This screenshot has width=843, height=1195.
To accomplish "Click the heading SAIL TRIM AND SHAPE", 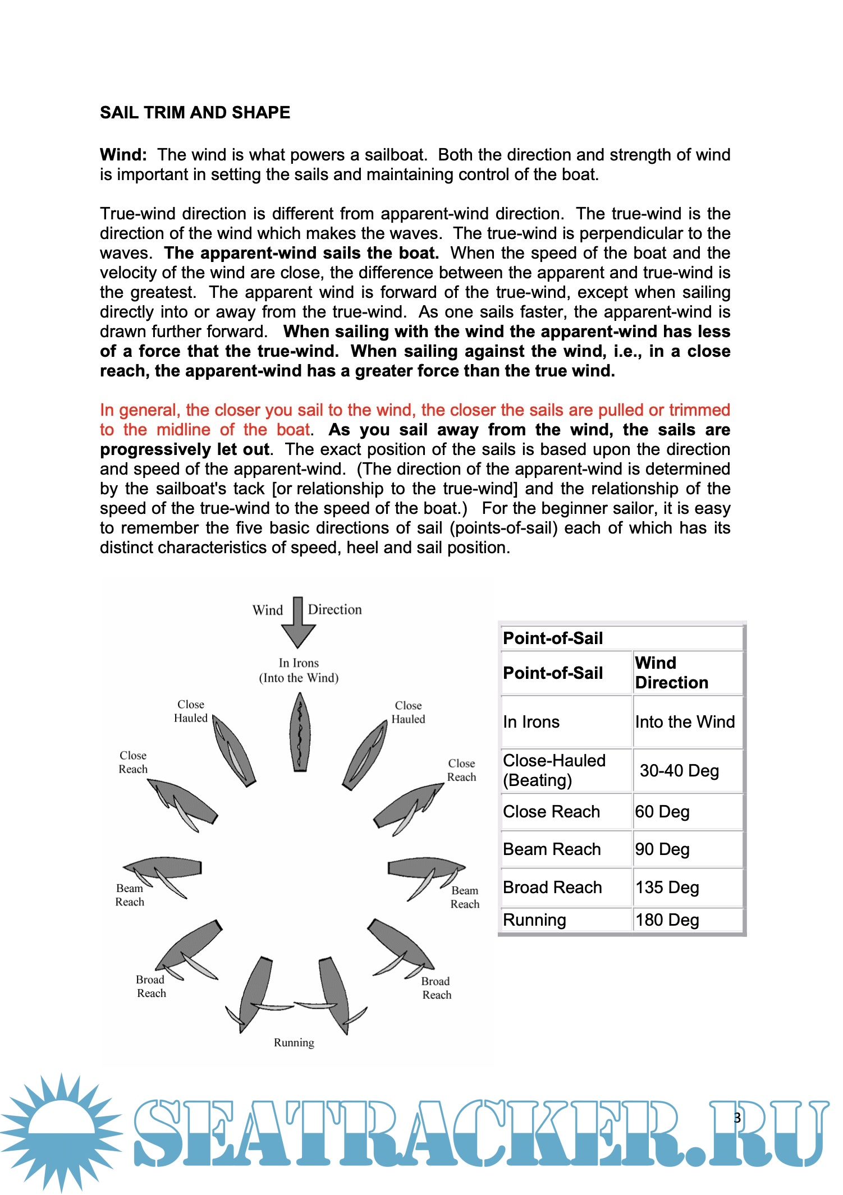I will click(195, 113).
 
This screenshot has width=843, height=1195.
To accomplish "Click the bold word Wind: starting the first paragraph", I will click(123, 155).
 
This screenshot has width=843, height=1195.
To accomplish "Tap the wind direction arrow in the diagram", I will click(298, 623).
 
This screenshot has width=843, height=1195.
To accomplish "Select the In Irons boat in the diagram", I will click(300, 733).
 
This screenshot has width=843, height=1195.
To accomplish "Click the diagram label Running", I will click(294, 1042).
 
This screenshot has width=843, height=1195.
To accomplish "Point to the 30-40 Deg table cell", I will click(679, 770).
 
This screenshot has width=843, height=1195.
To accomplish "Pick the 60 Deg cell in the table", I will click(662, 811).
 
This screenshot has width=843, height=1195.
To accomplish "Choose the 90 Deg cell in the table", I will click(662, 849).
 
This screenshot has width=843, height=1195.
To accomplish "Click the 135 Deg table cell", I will click(667, 887).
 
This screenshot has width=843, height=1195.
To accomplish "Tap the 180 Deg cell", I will click(667, 920).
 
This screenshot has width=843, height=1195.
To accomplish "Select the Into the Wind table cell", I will click(685, 721).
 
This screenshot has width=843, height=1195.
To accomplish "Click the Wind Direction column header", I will click(671, 673).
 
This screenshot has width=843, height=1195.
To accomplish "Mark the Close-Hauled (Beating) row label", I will click(554, 770).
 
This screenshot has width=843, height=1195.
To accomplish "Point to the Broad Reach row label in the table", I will click(552, 887).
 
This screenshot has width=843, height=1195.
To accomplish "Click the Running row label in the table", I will click(534, 920).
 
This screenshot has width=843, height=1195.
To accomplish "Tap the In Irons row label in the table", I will click(531, 721).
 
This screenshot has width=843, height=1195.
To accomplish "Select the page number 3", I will click(737, 1118).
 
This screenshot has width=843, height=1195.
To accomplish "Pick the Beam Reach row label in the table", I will click(552, 849).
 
